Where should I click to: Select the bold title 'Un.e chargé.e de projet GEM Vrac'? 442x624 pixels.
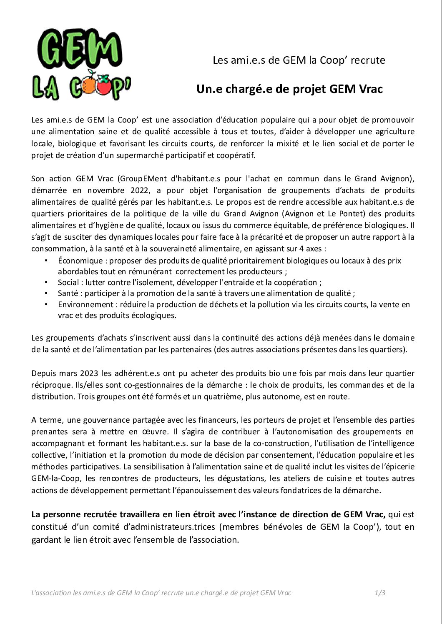click(x=289, y=89)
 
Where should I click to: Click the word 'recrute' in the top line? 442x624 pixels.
click(x=368, y=60)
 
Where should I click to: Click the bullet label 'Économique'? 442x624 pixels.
click(x=80, y=261)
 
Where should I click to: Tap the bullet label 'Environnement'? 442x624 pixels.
click(x=85, y=304)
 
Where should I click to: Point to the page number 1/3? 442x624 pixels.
click(x=379, y=593)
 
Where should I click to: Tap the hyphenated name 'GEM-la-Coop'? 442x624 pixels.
click(x=51, y=478)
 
